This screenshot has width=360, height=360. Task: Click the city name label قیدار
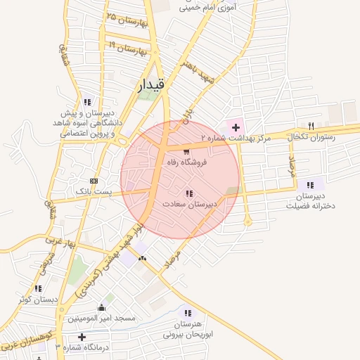[150, 84]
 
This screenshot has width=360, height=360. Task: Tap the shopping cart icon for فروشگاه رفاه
[186, 151]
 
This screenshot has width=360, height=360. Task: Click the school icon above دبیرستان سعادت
[188, 193]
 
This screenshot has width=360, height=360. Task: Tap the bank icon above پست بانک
[95, 181]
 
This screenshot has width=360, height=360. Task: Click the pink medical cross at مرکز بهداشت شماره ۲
[236, 127]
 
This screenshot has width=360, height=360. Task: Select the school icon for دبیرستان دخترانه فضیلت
[310, 185]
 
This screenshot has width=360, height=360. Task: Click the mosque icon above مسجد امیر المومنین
[102, 307]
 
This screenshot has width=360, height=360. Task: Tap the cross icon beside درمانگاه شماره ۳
[82, 337]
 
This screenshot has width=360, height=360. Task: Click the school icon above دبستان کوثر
[38, 288]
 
